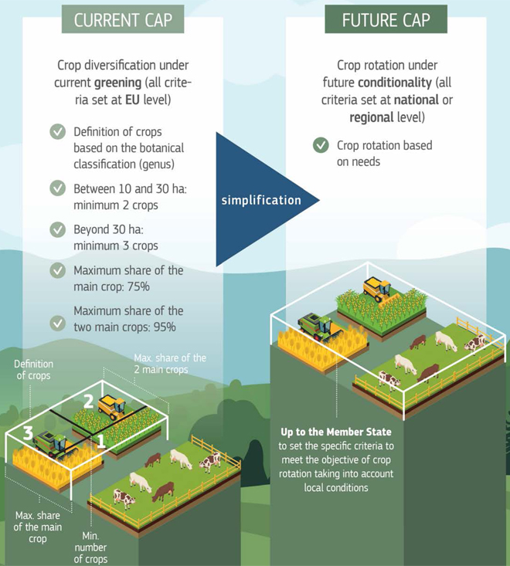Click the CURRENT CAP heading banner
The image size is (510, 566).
(123, 19)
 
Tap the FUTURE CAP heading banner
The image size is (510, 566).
(386, 19)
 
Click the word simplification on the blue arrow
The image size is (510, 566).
(261, 200)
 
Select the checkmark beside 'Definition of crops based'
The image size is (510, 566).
(58, 132)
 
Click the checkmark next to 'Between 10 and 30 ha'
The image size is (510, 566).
(58, 188)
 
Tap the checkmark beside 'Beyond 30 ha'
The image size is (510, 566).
(58, 229)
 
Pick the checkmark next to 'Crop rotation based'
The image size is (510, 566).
(321, 145)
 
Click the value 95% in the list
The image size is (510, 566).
(165, 327)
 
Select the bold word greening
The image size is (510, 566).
(117, 83)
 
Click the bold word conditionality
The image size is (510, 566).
(395, 83)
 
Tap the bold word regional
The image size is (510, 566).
(372, 117)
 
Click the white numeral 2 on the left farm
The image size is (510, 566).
(89, 402)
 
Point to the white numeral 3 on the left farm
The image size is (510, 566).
(28, 433)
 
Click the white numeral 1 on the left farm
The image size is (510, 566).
(101, 441)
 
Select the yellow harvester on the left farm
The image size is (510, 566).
(113, 408)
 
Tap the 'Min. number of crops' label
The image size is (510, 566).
(90, 547)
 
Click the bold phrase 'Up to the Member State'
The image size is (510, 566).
(336, 432)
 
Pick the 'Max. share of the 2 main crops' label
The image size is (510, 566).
(170, 364)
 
